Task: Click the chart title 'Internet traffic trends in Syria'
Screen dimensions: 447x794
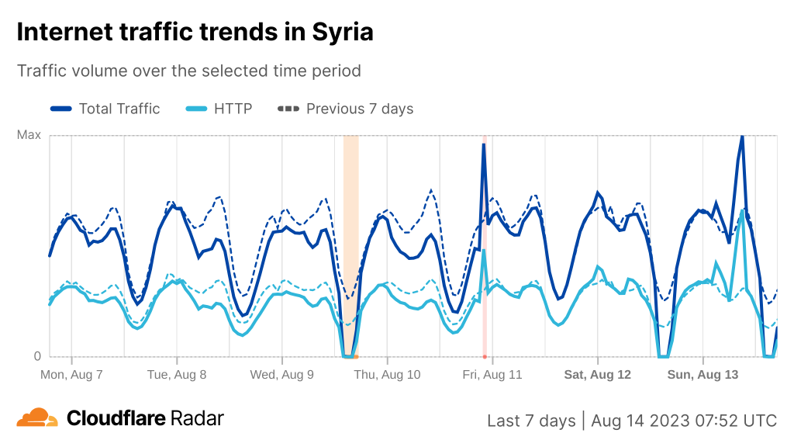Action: click(195, 33)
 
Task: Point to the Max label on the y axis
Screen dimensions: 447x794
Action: click(29, 135)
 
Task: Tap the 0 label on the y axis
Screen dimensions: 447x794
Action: click(36, 357)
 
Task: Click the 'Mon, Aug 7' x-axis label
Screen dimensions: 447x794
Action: click(71, 374)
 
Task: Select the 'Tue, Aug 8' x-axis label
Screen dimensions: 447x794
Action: click(177, 374)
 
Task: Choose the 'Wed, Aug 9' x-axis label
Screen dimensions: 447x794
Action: click(281, 374)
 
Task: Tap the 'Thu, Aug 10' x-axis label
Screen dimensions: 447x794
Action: click(387, 374)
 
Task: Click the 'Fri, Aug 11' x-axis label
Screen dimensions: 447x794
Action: click(492, 374)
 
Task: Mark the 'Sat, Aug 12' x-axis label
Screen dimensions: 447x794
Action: click(598, 374)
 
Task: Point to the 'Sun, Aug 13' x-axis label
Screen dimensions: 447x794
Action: click(703, 374)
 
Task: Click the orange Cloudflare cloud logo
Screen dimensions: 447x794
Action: click(37, 418)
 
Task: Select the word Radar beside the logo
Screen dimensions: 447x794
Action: click(197, 418)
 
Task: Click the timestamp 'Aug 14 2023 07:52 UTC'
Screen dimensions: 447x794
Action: click(683, 421)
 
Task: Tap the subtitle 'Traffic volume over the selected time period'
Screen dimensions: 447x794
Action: click(189, 71)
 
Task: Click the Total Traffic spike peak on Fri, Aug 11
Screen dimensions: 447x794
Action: click(484, 145)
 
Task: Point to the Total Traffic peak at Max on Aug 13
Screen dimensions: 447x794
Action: click(742, 137)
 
